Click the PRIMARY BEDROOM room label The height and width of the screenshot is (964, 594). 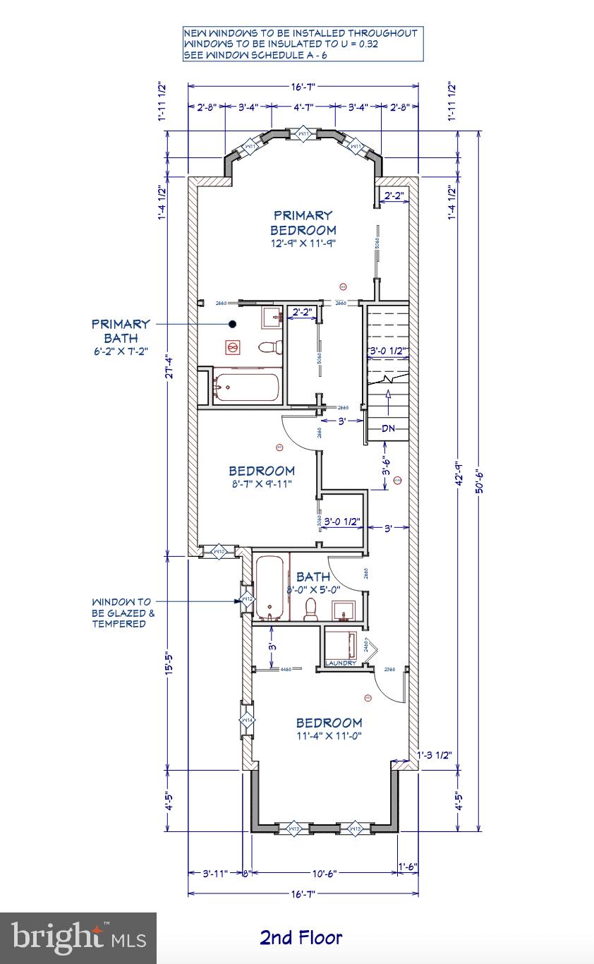pyautogui.click(x=303, y=222)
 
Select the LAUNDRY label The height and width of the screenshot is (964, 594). pyautogui.click(x=341, y=663)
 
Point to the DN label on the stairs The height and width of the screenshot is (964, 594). pyautogui.click(x=388, y=428)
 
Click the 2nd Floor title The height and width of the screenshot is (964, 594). pyautogui.click(x=301, y=937)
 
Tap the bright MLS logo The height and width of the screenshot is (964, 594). pyautogui.click(x=78, y=938)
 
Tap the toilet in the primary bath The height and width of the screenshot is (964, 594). pyautogui.click(x=269, y=347)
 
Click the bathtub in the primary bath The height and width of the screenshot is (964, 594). pyautogui.click(x=246, y=387)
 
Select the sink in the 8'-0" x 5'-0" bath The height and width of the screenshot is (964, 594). pyautogui.click(x=345, y=609)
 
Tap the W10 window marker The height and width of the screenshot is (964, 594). pyautogui.click(x=219, y=551)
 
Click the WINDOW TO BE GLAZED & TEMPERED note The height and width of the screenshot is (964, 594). pyautogui.click(x=121, y=613)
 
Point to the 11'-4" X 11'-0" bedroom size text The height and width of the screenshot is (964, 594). pyautogui.click(x=329, y=735)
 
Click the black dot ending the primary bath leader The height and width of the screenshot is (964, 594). pyautogui.click(x=231, y=324)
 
